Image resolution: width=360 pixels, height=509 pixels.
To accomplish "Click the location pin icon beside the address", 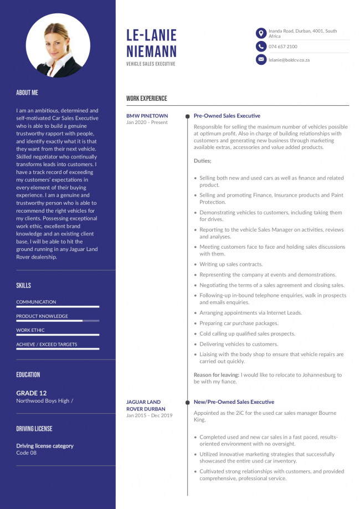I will coord(261,33).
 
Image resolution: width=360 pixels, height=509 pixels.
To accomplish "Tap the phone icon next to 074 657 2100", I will coord(261,47).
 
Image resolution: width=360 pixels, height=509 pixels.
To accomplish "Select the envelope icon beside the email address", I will coord(261,59).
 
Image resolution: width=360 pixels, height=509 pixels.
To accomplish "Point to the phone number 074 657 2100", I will coord(282,47).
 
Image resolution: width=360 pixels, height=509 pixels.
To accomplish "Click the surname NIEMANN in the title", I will coord(151,52).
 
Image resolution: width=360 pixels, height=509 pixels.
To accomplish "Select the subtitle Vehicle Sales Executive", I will coord(151,64).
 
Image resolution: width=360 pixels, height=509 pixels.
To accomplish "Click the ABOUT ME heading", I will coord(27,92).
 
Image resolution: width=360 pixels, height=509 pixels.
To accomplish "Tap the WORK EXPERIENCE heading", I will coord(146,99).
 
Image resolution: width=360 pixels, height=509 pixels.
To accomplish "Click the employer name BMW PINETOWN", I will coord(147,116).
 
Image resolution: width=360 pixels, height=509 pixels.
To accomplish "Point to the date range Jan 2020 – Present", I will coord(147,122).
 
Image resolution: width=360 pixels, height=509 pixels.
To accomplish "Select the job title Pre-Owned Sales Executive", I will coord(227,116).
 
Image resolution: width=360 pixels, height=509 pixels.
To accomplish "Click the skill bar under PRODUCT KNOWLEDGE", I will coord(58,321).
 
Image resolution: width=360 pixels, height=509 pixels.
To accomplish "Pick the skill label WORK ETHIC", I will coord(31,330).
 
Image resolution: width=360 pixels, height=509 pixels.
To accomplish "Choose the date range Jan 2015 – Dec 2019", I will coord(149,415).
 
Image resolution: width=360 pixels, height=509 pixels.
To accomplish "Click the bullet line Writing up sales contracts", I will coord(231,264).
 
